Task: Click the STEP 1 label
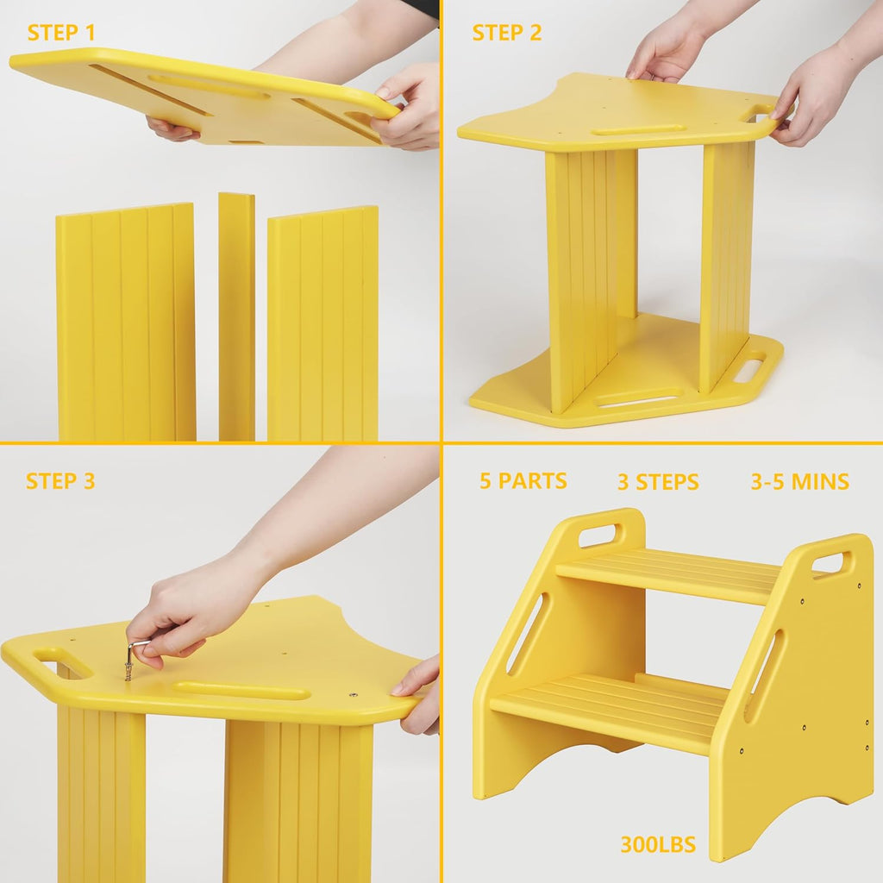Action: (x=61, y=34)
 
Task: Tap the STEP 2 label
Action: (x=507, y=34)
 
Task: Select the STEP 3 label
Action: (x=60, y=481)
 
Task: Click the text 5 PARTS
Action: (x=523, y=481)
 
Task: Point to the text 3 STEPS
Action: (x=658, y=482)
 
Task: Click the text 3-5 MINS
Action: (x=799, y=481)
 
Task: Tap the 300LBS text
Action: (x=658, y=844)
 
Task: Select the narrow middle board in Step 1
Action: (x=236, y=316)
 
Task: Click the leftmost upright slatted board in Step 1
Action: (x=126, y=323)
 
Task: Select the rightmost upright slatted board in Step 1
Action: (x=323, y=323)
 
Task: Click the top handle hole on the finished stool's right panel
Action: (x=829, y=564)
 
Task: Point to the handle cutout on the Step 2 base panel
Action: (x=748, y=369)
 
